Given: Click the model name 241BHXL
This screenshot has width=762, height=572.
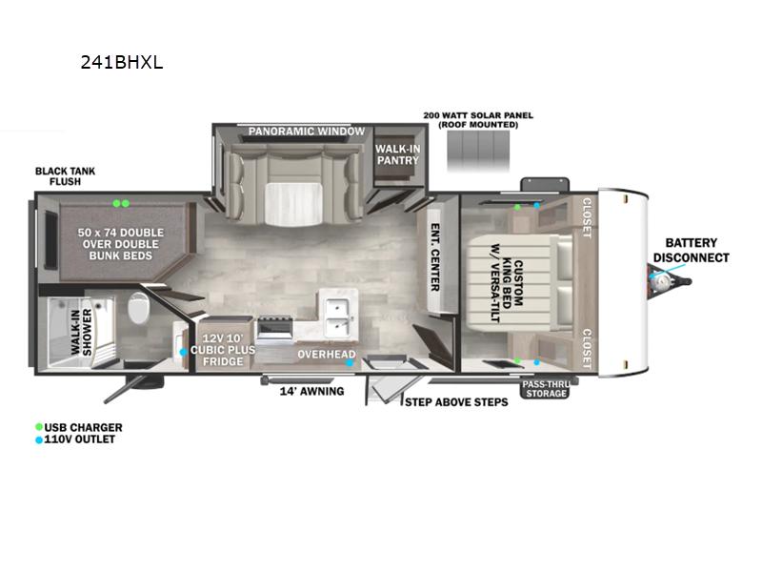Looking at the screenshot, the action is point(122,63).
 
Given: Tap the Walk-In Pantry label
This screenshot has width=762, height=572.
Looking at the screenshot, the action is point(397,154).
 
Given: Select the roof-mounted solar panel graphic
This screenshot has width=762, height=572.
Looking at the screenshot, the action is point(478,150).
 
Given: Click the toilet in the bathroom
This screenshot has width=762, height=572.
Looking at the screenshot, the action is point(138,307).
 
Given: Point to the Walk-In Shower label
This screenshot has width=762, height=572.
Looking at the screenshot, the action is point(81,332).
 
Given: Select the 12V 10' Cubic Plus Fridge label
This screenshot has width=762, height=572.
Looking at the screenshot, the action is point(223,350).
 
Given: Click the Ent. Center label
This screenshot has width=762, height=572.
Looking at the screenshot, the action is point(435,257).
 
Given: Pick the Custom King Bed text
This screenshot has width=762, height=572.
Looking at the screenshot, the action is point(512,282).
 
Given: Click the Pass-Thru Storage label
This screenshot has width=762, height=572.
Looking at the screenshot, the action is point(546,389).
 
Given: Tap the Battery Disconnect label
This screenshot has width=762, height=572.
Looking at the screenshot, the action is point(692,250).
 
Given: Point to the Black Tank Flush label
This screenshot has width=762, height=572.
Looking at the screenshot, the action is point(65,176).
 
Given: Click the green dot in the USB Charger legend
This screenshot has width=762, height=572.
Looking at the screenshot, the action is point(39,427).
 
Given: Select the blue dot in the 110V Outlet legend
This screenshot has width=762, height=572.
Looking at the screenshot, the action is point(39,440).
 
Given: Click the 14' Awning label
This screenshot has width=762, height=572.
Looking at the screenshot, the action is point(311,391).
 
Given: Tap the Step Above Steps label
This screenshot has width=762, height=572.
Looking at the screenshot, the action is point(456,402).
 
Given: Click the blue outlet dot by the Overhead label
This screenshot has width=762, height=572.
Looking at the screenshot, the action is point(350,363).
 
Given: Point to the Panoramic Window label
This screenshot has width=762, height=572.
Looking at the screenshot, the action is point(306,132).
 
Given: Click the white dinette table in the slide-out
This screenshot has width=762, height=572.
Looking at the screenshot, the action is point(293,204).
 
